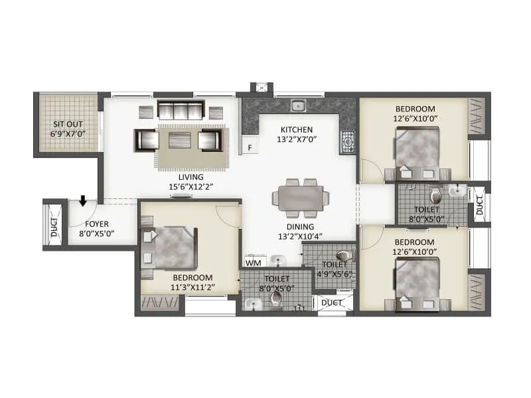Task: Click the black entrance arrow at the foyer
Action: [82, 200]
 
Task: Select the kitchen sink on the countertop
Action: [299, 105]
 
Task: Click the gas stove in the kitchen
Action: [347, 141]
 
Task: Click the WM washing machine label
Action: [252, 263]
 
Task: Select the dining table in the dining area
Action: [300, 198]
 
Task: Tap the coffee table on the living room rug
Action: [179, 140]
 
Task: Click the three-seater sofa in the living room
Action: [179, 109]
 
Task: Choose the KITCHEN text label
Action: [297, 129]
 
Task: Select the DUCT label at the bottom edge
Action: [332, 302]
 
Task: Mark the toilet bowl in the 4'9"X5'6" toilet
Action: [342, 255]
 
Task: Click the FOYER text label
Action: [96, 224]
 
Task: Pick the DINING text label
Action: [296, 226]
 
